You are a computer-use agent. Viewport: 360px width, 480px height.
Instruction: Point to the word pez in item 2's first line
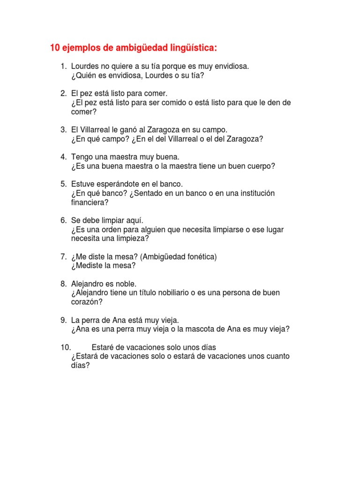point(89,94)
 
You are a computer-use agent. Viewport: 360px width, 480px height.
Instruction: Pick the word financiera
point(89,202)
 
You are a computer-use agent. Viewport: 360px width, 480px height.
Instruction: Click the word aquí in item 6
point(133,220)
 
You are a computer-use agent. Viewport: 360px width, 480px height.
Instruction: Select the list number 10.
point(65,347)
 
